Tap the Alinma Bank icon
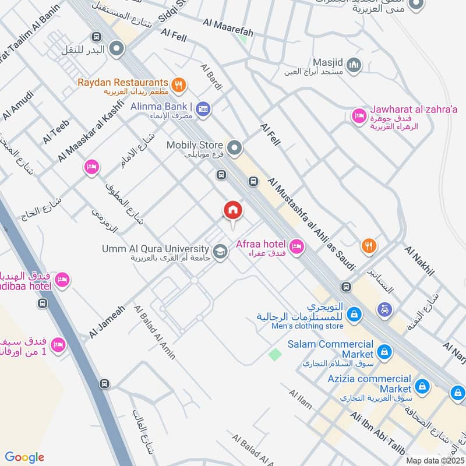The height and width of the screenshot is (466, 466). (203, 108)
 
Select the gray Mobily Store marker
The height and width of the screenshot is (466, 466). (234, 149)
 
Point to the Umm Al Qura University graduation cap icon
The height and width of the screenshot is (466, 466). (220, 252)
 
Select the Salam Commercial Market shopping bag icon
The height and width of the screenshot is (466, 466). (384, 351)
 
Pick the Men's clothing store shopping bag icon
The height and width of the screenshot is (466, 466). (353, 315)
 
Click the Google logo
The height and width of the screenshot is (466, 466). (25, 457)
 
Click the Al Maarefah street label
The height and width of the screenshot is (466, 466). (228, 27)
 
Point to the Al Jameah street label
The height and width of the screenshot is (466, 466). (106, 322)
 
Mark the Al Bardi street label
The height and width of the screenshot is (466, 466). (211, 77)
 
